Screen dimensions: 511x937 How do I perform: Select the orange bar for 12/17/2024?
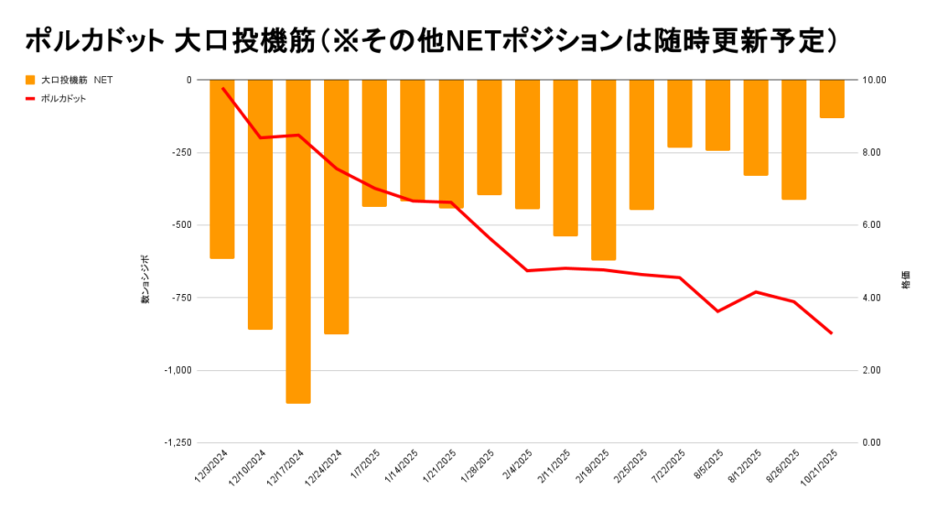click(x=298, y=241)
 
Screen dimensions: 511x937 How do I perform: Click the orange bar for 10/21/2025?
click(x=832, y=99)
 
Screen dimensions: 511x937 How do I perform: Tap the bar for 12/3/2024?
click(x=222, y=169)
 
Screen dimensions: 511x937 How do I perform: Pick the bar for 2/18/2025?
click(x=603, y=169)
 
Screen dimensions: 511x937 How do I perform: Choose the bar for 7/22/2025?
click(x=679, y=114)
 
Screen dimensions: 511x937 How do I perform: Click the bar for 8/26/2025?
click(x=793, y=139)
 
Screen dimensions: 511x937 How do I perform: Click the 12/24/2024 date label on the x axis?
click(x=326, y=467)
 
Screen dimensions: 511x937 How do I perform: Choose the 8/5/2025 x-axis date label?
click(x=708, y=465)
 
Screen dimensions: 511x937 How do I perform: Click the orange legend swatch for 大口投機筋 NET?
click(x=30, y=81)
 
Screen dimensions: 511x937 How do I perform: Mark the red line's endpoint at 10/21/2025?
click(x=831, y=333)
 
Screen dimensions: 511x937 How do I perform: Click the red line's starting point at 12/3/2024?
click(x=222, y=88)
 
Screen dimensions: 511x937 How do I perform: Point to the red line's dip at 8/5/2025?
click(x=717, y=311)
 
